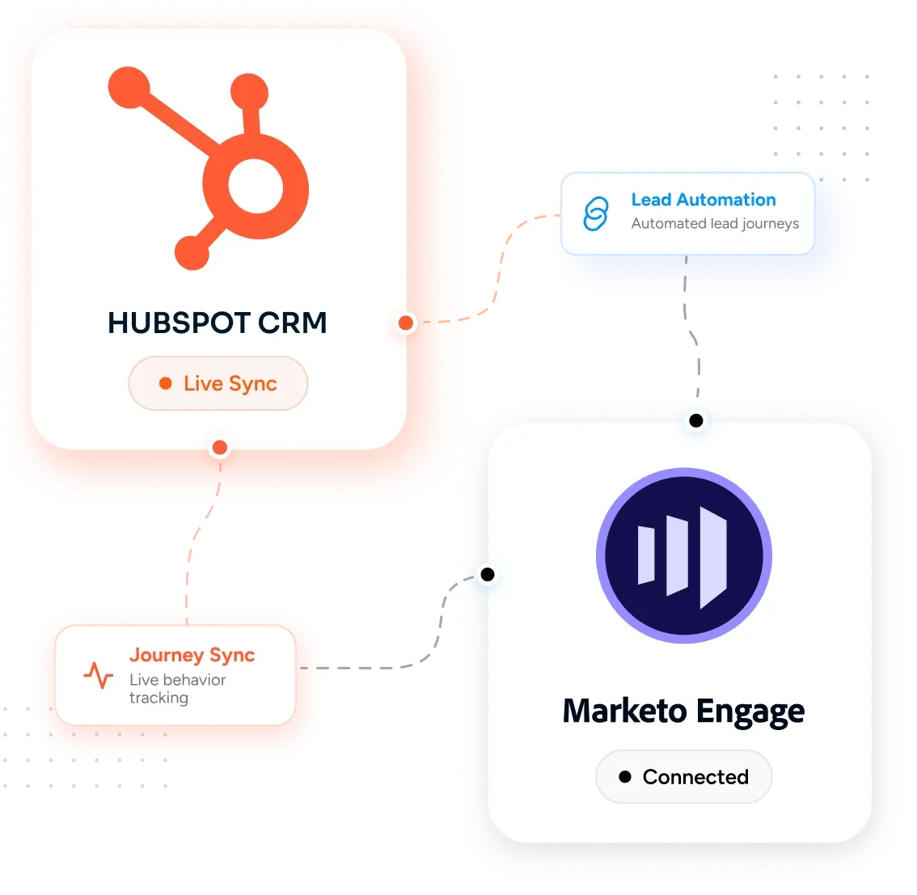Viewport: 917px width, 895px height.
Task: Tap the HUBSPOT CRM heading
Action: (x=217, y=323)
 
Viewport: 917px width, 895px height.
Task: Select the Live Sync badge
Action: (x=218, y=383)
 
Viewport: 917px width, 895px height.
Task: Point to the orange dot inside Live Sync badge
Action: (x=166, y=383)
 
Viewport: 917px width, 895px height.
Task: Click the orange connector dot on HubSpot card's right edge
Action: (x=406, y=323)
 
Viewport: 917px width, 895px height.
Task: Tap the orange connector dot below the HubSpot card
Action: (x=220, y=448)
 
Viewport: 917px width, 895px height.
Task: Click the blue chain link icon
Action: (x=596, y=213)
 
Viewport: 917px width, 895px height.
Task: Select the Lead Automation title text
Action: (x=704, y=200)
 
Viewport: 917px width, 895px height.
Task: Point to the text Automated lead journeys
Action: (x=715, y=224)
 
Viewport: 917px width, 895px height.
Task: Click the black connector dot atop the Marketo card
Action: (x=696, y=420)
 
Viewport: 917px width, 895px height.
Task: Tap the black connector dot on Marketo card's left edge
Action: (x=488, y=575)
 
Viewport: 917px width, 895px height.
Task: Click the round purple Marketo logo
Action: (x=684, y=555)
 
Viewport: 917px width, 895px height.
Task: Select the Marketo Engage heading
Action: (x=683, y=711)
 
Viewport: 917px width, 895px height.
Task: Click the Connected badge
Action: (x=683, y=777)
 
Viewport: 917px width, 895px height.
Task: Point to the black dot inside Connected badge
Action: (x=625, y=777)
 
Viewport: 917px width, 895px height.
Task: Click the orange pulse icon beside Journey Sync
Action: (x=99, y=674)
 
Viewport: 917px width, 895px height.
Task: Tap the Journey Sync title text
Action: (x=192, y=656)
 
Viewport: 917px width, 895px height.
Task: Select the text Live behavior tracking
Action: (x=178, y=689)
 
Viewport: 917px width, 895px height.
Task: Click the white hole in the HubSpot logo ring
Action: (x=256, y=187)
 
